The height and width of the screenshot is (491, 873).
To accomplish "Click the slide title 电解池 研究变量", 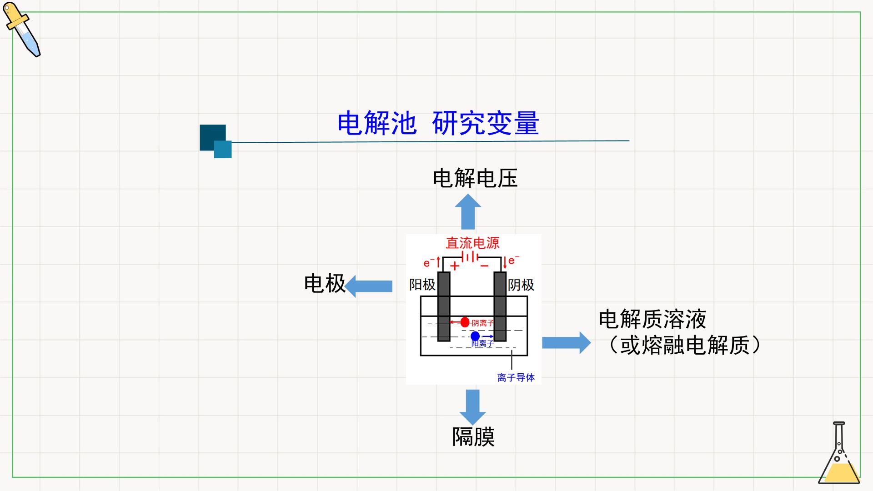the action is pyautogui.click(x=438, y=123).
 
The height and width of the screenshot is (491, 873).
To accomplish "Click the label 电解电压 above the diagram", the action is pyautogui.click(x=475, y=178).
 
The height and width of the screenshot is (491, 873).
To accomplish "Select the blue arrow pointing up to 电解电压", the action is pyautogui.click(x=468, y=212).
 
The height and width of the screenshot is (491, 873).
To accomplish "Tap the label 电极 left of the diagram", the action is pyautogui.click(x=325, y=283).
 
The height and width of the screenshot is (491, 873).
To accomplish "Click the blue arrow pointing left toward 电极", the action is pyautogui.click(x=368, y=286).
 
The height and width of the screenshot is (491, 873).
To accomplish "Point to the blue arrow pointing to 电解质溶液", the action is pyautogui.click(x=567, y=342).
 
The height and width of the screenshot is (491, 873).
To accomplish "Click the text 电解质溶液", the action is pyautogui.click(x=652, y=319).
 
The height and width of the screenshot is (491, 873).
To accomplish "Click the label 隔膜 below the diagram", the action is pyautogui.click(x=473, y=436).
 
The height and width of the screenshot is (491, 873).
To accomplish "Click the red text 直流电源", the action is pyautogui.click(x=472, y=243).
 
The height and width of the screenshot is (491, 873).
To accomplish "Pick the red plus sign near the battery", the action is pyautogui.click(x=454, y=266).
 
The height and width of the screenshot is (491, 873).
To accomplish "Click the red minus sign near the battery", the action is pyautogui.click(x=485, y=266).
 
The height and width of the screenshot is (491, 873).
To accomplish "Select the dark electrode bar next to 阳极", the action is pyautogui.click(x=444, y=306).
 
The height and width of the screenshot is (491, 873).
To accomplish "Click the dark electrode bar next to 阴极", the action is pyautogui.click(x=500, y=306).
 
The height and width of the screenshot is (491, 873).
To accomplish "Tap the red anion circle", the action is pyautogui.click(x=465, y=322).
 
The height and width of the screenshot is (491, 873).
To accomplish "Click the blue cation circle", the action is pyautogui.click(x=475, y=336).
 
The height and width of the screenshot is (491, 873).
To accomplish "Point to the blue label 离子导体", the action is pyautogui.click(x=516, y=377).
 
